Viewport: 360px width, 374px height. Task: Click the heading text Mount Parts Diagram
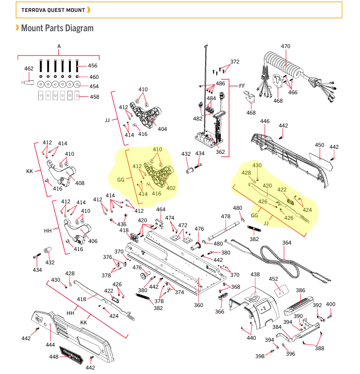point(57,28)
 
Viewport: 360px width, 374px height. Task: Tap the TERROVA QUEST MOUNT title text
point(53,10)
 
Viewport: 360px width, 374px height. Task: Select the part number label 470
point(286,46)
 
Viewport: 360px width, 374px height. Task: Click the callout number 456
point(93,65)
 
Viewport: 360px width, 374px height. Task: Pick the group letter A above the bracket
point(59,46)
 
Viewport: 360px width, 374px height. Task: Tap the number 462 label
point(29,68)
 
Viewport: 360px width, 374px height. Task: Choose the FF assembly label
point(242,86)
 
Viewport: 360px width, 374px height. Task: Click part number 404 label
point(162,129)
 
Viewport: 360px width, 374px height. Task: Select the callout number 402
point(171,188)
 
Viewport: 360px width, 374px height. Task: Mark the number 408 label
point(80,183)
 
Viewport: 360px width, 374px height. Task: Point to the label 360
point(198,305)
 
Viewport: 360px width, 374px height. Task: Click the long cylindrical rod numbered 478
point(224,231)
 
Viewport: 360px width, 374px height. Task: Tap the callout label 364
point(287,243)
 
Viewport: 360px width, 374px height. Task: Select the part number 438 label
point(255,274)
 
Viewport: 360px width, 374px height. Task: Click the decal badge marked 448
point(71,355)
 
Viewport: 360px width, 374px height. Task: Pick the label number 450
point(319,145)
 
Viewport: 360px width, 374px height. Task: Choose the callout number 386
point(300,290)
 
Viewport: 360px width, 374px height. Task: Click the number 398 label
point(260,356)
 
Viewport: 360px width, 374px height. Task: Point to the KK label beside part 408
point(30,171)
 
